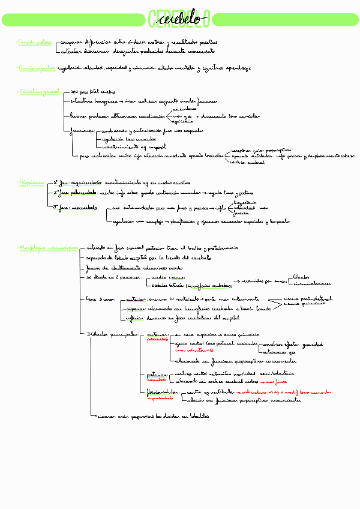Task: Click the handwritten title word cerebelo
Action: point(179,19)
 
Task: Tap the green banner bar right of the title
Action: point(284,20)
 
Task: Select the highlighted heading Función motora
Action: point(35,43)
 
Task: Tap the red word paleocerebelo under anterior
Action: point(158,339)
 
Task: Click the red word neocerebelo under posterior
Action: point(157,379)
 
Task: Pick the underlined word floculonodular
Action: point(163,391)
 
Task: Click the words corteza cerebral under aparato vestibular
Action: point(247,162)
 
